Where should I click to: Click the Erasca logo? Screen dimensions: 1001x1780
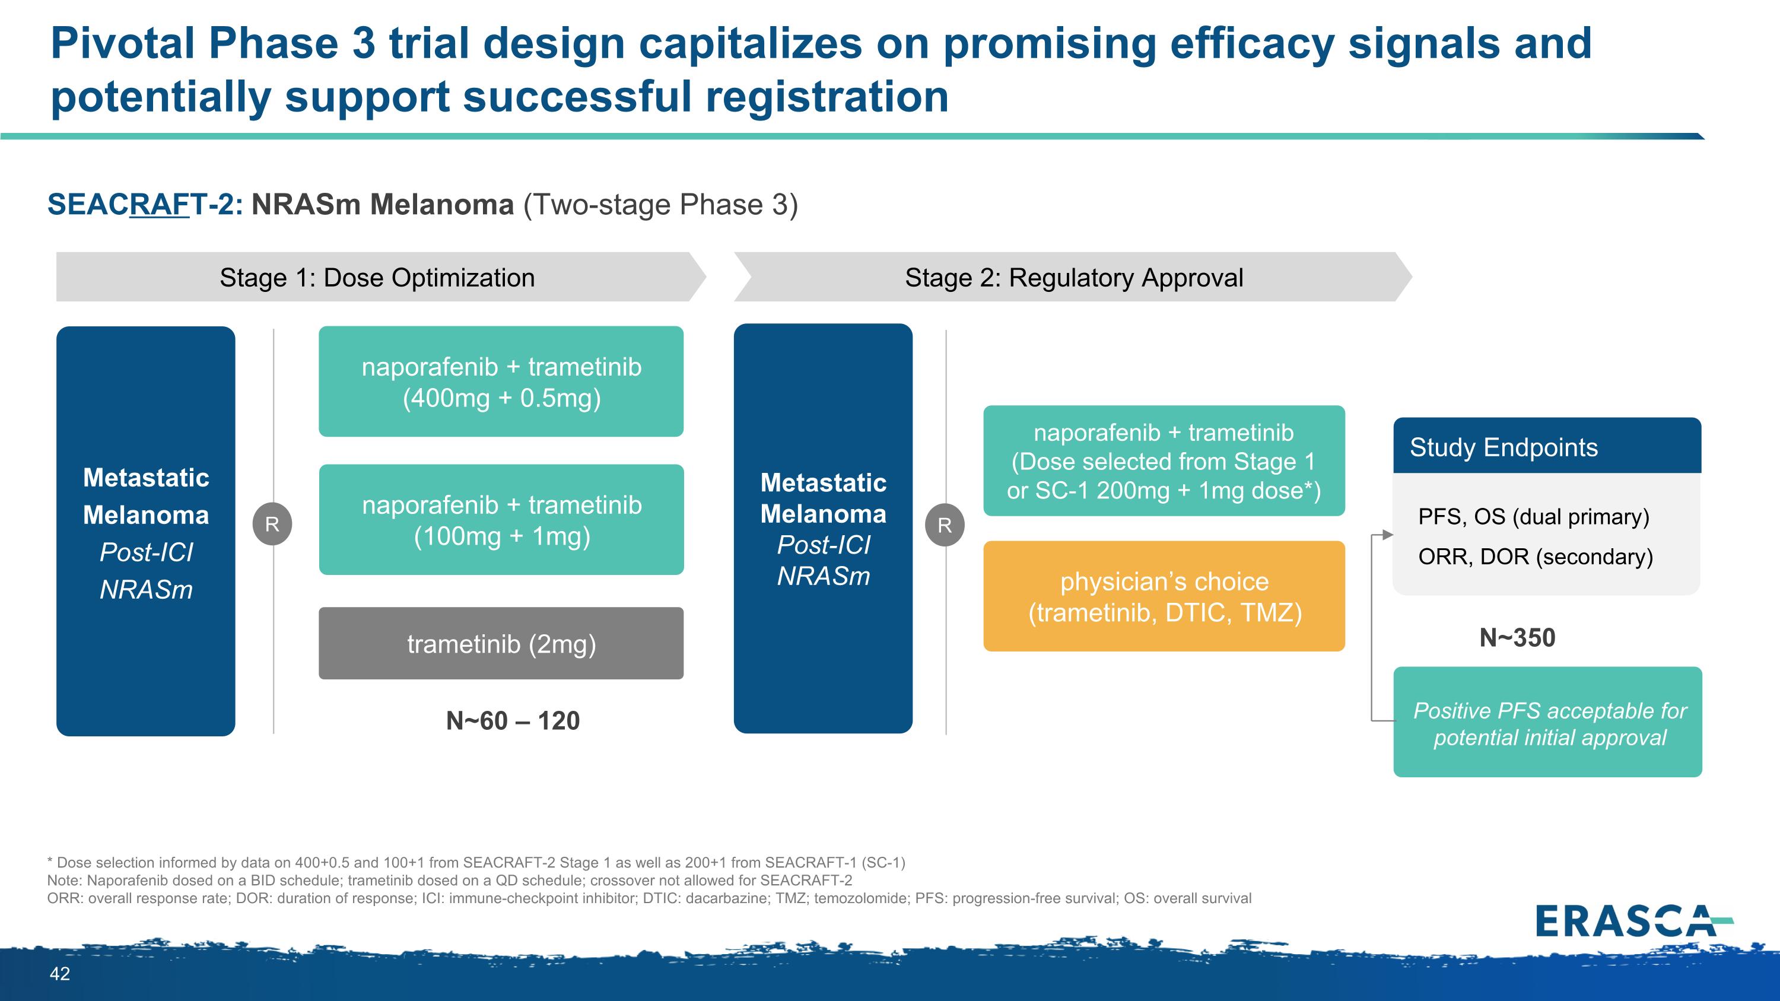pos(1632,921)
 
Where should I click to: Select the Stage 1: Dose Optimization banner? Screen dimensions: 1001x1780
pos(377,278)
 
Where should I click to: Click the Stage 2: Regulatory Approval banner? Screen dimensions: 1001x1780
pos(1073,278)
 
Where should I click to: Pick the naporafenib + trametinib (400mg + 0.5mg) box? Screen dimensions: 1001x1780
pos(501,382)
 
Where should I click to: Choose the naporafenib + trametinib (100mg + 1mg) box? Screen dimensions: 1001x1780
pos(501,520)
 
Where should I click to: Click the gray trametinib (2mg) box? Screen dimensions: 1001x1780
pos(501,644)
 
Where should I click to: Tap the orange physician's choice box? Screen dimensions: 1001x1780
pos(1164,596)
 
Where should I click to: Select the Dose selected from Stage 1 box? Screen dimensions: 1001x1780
pos(1164,461)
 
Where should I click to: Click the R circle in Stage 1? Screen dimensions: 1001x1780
pos(272,525)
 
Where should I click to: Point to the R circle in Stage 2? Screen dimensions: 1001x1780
pos(945,526)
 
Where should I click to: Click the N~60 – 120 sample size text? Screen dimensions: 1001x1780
pos(513,721)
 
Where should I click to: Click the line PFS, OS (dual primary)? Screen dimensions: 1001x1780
pos(1533,517)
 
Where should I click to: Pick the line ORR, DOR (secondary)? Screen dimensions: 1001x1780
pos(1536,557)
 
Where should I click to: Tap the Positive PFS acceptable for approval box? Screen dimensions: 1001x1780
pos(1548,723)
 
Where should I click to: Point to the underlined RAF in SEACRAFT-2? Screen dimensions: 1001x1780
pos(159,205)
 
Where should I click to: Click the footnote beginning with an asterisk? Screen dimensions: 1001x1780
pos(476,863)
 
